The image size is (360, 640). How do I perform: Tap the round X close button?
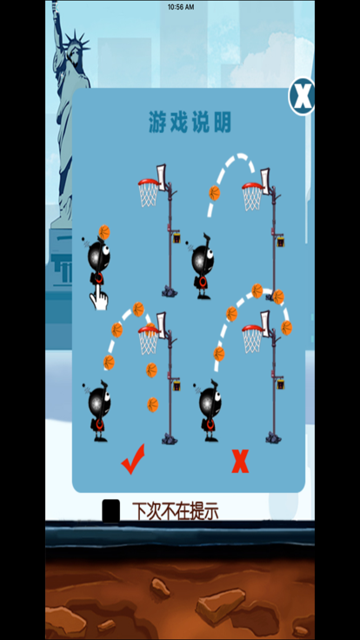click(302, 97)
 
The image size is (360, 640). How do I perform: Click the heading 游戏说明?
click(190, 123)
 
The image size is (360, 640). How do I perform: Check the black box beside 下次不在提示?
click(111, 510)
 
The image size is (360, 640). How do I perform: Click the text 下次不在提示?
click(176, 511)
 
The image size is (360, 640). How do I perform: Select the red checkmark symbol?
click(133, 459)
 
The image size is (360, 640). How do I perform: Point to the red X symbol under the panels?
click(240, 461)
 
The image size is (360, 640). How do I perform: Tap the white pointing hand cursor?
click(99, 297)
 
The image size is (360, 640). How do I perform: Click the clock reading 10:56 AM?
click(181, 7)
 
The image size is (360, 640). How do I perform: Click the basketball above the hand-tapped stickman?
click(104, 232)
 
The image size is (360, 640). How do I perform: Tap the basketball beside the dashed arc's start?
click(214, 193)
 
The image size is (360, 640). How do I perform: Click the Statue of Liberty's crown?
click(76, 42)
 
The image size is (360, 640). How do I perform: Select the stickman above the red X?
click(209, 410)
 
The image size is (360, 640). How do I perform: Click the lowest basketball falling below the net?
click(153, 405)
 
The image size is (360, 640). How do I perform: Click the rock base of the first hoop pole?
click(170, 291)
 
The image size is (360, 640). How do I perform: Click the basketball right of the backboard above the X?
click(287, 328)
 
